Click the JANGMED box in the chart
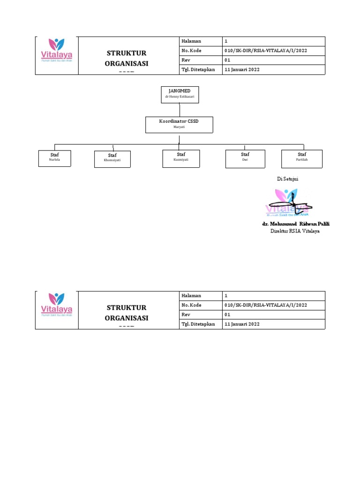pos(180,94)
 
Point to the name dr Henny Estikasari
pos(180,97)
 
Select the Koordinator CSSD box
pos(179,125)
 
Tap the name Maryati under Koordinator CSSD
pos(179,127)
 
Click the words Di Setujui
pos(288,179)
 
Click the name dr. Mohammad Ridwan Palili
pos(296,224)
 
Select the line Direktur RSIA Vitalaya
pos(295,231)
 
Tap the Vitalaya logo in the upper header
pos(56,55)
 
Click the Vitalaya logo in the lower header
pos(56,310)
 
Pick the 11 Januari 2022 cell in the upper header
pos(242,69)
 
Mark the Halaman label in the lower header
pos(191,296)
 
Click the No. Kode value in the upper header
pos(266,51)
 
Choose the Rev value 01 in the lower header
pos(227,315)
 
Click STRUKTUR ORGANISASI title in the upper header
pos(127,58)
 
